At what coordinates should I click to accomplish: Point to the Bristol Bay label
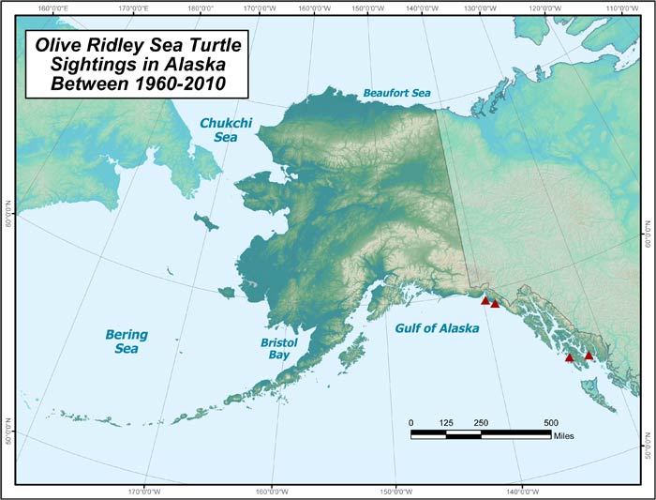(278, 350)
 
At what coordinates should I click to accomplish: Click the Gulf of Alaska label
(437, 328)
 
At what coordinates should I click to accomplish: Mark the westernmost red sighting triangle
(485, 301)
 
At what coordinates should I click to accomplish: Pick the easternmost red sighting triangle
(589, 356)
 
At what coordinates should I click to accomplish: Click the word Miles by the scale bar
(563, 435)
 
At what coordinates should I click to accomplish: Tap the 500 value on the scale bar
(550, 422)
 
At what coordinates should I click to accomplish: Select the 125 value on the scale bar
(446, 422)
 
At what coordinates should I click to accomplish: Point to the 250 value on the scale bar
(481, 422)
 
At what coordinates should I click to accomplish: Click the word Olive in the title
(58, 44)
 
